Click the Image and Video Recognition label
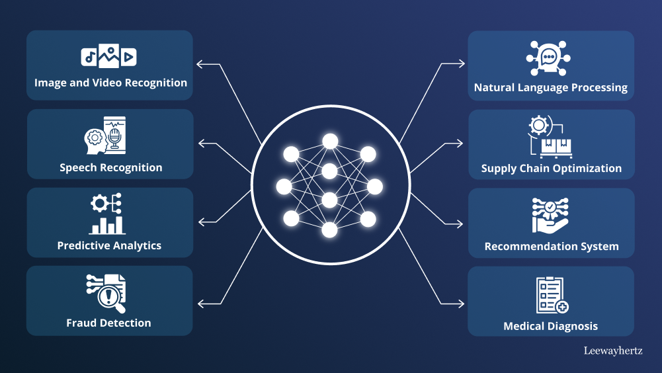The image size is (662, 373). pos(110,83)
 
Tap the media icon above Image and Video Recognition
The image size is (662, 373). pos(109,57)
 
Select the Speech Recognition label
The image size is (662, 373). pos(110,168)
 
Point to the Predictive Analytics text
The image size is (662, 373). pos(109,246)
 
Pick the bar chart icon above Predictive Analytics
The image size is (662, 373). pos(108,214)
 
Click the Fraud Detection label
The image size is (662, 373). pos(108,323)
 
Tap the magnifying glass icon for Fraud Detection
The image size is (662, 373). pos(106,293)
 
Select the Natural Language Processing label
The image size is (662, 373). pos(551,88)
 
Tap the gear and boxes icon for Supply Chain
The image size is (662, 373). pos(549,137)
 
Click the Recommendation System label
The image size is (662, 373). pos(552,247)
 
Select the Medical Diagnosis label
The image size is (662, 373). pos(550,327)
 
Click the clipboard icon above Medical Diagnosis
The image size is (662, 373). pos(552,295)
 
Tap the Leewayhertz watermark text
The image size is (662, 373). pos(613,351)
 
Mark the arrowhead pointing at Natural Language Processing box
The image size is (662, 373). pos(461,64)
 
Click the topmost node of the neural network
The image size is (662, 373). pos(329,140)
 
